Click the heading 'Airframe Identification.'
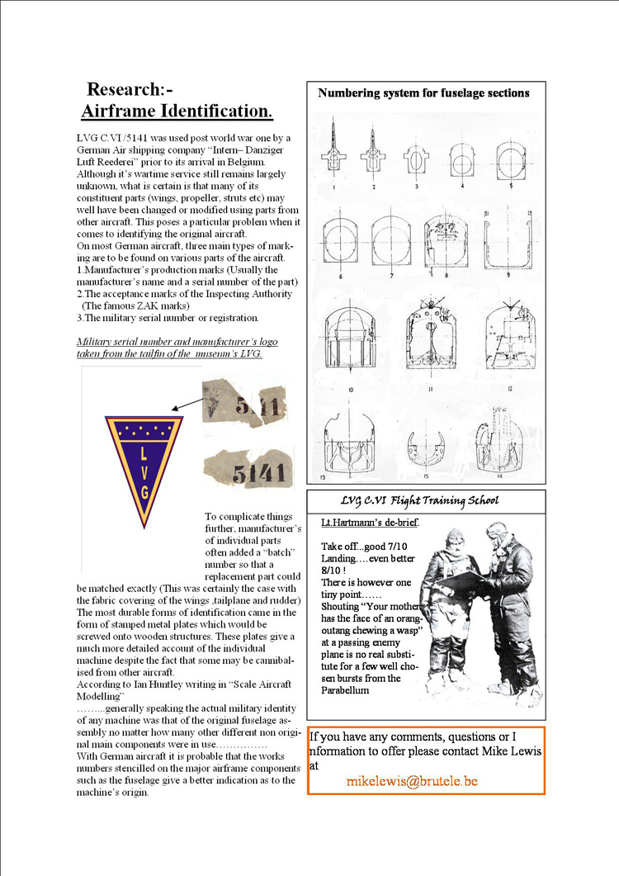(177, 111)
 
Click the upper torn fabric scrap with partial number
(243, 402)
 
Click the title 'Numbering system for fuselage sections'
(423, 93)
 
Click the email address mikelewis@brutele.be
(412, 781)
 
